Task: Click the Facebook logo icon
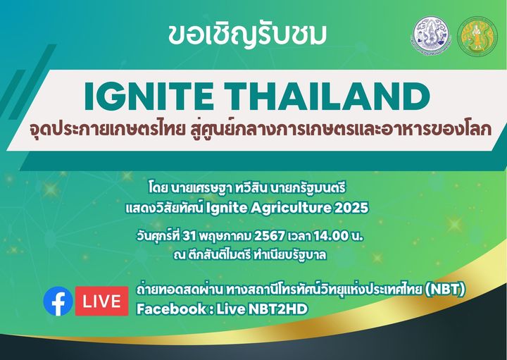point(58,301)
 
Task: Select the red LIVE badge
point(101,301)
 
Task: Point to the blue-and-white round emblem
point(431,36)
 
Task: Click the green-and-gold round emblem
point(477,37)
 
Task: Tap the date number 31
point(189,236)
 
